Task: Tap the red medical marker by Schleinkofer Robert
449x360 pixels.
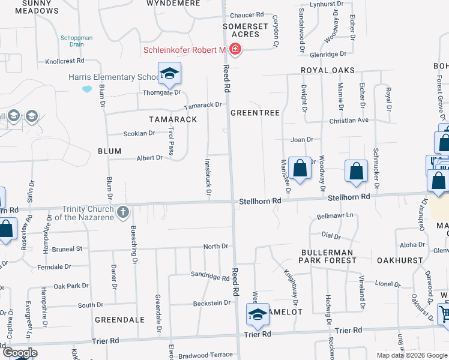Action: [x=235, y=49]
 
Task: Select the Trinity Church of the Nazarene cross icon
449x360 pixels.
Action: [x=123, y=212]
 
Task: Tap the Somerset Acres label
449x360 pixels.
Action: [x=245, y=30]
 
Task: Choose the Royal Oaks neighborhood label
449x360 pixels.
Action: [x=328, y=70]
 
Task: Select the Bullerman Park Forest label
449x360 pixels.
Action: [x=328, y=256]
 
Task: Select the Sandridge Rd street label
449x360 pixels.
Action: [x=209, y=278]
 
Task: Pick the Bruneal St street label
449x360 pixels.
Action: [x=67, y=248]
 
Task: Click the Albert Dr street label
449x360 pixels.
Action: [x=150, y=158]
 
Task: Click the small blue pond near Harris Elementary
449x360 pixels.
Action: [x=88, y=89]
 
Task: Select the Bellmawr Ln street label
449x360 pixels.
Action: [x=335, y=215]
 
